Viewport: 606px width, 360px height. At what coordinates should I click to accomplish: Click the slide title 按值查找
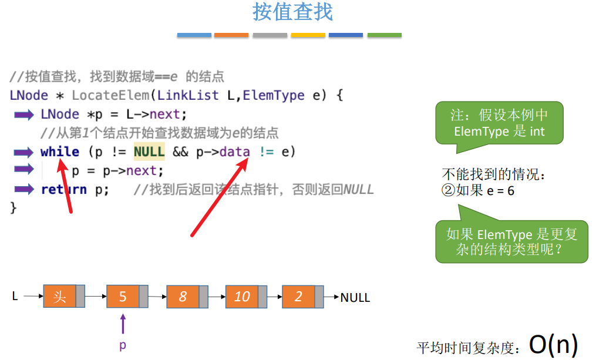click(x=292, y=12)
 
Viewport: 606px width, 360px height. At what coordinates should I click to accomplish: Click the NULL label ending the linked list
click(x=355, y=298)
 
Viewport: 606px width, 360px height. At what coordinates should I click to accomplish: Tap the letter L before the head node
click(x=15, y=297)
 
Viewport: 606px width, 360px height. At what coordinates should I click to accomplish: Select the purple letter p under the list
click(x=123, y=345)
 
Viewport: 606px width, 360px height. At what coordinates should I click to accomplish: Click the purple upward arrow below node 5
click(x=123, y=324)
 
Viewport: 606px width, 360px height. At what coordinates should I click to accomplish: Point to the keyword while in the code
click(x=60, y=152)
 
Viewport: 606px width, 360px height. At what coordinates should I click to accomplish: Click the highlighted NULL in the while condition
click(x=149, y=152)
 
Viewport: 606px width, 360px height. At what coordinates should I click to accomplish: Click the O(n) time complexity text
click(x=553, y=345)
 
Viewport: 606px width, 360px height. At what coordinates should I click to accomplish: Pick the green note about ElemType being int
click(x=499, y=123)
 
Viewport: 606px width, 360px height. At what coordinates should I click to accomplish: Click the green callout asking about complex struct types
click(x=511, y=241)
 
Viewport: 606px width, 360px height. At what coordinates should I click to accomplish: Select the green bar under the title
click(x=384, y=35)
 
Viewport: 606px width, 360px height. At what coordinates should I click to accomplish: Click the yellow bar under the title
click(x=308, y=35)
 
